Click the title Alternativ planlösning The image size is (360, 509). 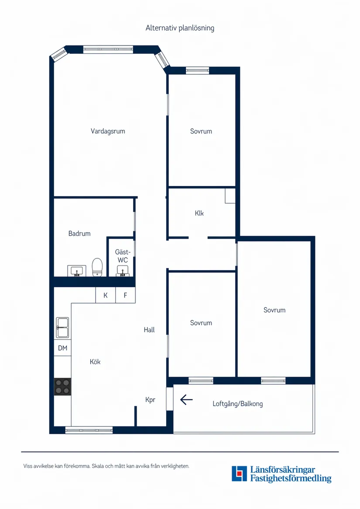[180, 28]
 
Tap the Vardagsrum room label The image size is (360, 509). [108, 131]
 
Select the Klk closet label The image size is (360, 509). [199, 213]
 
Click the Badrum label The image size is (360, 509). [79, 234]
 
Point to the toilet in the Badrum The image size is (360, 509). [97, 267]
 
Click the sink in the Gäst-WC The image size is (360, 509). [123, 272]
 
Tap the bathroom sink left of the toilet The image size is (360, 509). [76, 271]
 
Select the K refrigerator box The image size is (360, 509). [106, 295]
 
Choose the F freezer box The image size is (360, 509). [125, 295]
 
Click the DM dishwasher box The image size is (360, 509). [62, 348]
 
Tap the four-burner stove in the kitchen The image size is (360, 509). [62, 387]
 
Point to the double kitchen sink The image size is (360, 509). [62, 327]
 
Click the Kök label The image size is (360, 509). [95, 362]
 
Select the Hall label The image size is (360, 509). [149, 330]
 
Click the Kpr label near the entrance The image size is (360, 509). [150, 399]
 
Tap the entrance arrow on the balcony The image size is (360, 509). [186, 399]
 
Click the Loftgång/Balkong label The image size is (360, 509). [238, 404]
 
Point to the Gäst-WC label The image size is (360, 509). [122, 256]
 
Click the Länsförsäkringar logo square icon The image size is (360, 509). [239, 474]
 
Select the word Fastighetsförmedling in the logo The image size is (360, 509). [291, 479]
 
